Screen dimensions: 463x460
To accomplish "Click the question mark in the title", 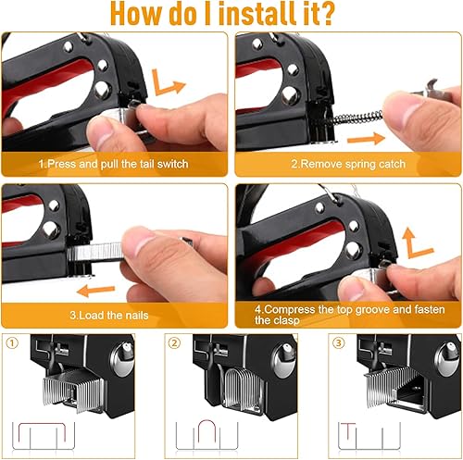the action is [x=324, y=14].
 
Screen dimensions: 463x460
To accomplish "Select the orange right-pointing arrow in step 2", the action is [x=367, y=139].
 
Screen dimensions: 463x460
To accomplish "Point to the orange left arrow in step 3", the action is [x=95, y=291].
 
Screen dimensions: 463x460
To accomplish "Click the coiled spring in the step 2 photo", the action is [x=357, y=118].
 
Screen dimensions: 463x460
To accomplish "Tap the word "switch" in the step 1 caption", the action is [x=172, y=164].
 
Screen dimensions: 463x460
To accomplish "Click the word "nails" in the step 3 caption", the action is [x=135, y=315].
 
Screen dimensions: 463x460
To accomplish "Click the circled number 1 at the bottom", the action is [x=12, y=343].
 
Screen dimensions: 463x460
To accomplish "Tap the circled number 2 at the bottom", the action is [x=175, y=343].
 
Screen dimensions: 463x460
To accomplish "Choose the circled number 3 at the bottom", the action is [x=338, y=342].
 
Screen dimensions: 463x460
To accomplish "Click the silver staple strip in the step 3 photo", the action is [x=95, y=252].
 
